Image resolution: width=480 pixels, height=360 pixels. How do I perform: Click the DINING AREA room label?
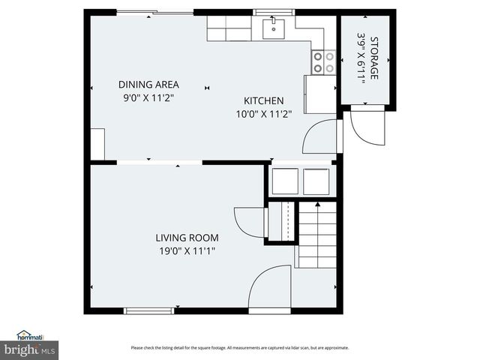(148, 85)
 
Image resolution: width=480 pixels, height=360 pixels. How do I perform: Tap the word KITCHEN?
(263, 101)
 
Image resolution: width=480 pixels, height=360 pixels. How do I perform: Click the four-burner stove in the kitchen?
(323, 61)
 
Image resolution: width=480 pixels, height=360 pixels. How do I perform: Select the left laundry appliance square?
(285, 181)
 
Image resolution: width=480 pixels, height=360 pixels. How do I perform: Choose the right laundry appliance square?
(315, 181)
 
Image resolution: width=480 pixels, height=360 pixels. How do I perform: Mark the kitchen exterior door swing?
(321, 137)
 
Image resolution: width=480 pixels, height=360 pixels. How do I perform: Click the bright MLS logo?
(29, 350)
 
